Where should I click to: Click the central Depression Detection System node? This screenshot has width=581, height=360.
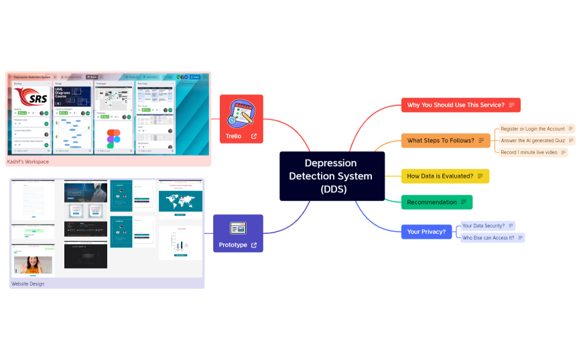[332, 176]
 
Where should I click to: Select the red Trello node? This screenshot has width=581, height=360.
[241, 119]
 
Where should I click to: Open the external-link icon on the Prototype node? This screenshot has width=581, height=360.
[254, 245]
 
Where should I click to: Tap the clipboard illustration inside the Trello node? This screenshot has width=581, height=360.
[241, 112]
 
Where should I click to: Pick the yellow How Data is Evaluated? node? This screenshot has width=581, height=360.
[445, 176]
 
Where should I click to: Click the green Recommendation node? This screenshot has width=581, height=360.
[436, 202]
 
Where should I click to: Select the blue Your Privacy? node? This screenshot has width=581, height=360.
[426, 232]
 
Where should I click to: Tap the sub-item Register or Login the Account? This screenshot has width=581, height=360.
[533, 129]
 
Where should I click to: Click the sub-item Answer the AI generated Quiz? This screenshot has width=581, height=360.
[533, 141]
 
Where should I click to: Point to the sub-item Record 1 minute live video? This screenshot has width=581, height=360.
[529, 153]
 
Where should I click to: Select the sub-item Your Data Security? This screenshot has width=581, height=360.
[484, 226]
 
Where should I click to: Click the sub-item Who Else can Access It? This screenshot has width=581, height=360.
[489, 238]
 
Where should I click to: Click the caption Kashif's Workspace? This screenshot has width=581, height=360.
[27, 162]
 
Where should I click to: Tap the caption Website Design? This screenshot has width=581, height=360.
[27, 284]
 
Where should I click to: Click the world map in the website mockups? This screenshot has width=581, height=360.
[180, 200]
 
